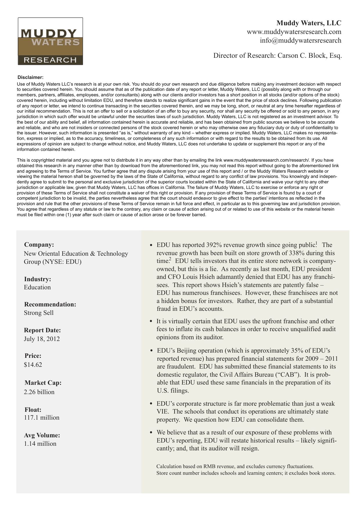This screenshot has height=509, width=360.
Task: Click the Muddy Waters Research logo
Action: tap(50, 41)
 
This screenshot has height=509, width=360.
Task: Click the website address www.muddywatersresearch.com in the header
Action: tap(294, 32)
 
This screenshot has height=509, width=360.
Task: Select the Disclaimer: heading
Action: tap(30, 77)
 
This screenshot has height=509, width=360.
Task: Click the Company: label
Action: tap(39, 245)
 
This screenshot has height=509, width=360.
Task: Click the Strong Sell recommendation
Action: tap(39, 313)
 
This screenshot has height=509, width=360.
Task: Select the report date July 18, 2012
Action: tap(42, 339)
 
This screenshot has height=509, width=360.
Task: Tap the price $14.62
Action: tap(33, 365)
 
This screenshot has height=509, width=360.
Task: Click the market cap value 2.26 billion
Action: tap(39, 392)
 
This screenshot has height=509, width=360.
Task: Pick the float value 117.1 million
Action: tap(41, 418)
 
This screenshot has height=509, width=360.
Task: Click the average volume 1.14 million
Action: tap(40, 444)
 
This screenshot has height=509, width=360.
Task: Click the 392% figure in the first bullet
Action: tap(214, 245)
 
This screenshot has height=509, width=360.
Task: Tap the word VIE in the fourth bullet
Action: tap(163, 412)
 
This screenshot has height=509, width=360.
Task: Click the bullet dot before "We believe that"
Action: tap(151, 433)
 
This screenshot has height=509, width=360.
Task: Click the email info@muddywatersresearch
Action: tap(301, 40)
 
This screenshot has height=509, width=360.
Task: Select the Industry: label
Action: tap(37, 279)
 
